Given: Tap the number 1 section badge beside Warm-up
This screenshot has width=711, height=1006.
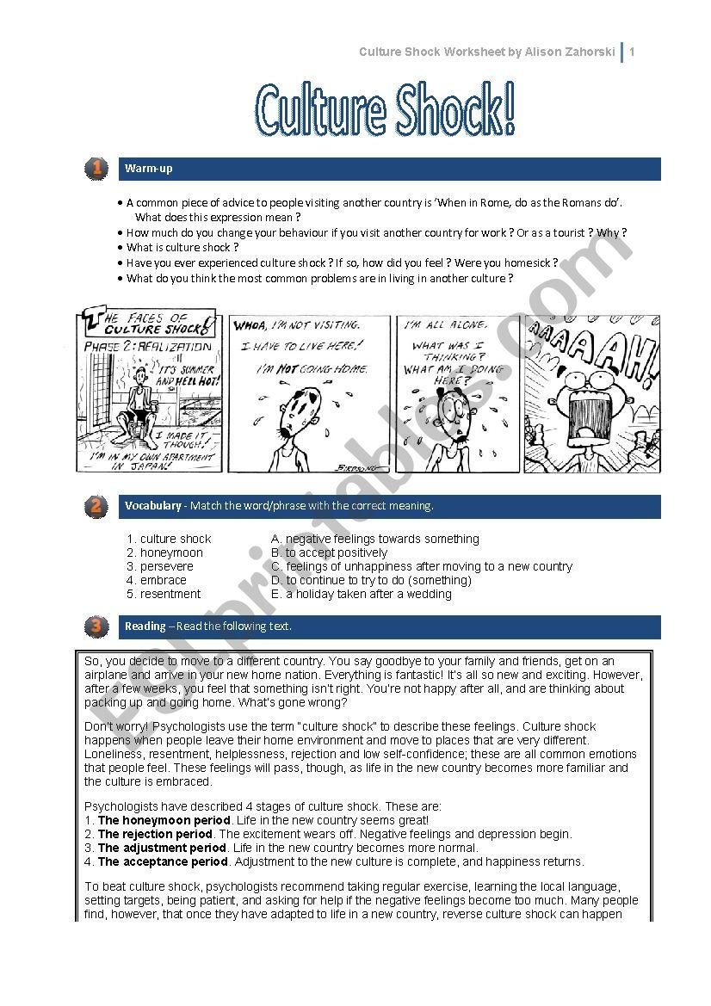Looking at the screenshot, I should pyautogui.click(x=96, y=169).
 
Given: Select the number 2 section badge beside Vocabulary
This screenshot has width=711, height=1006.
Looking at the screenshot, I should pyautogui.click(x=96, y=507).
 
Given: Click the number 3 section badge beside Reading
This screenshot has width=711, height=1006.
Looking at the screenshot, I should pyautogui.click(x=96, y=626).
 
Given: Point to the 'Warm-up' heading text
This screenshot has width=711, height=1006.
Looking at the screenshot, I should pyautogui.click(x=148, y=169).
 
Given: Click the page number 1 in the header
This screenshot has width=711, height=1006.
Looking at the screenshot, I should pyautogui.click(x=632, y=52).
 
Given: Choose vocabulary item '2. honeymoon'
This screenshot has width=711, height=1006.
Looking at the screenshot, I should pyautogui.click(x=165, y=552).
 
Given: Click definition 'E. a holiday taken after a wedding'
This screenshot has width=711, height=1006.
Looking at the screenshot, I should pyautogui.click(x=361, y=594).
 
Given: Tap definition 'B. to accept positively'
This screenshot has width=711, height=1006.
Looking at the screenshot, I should pyautogui.click(x=329, y=552).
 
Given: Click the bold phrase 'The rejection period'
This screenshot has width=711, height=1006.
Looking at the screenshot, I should pyautogui.click(x=154, y=834).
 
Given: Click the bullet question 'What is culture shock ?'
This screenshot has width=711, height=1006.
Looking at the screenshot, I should pyautogui.click(x=182, y=247).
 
